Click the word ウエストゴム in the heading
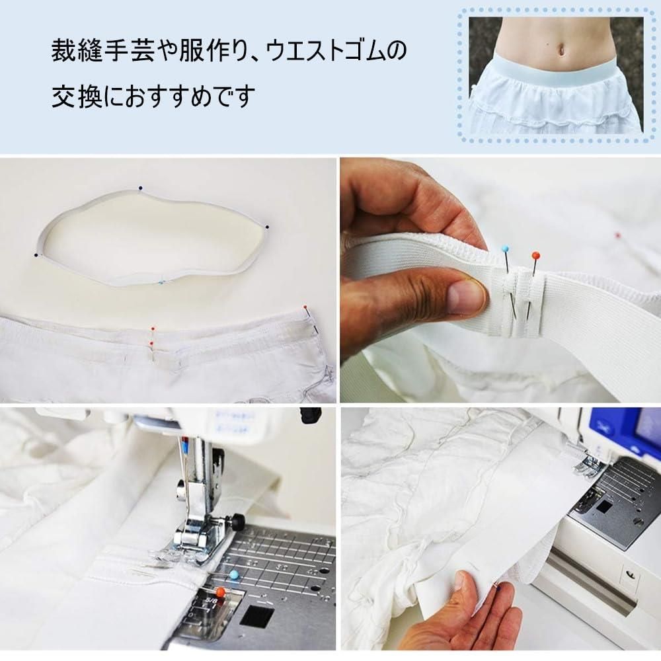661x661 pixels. point(324,50)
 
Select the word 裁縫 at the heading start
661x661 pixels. point(77,50)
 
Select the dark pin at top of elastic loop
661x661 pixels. point(140,188)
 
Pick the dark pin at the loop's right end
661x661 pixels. point(267,227)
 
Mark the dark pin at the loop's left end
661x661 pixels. point(36,255)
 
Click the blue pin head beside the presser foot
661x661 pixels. point(233,574)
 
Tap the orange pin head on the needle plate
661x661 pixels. point(219,592)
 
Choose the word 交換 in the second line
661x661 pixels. point(77,96)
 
